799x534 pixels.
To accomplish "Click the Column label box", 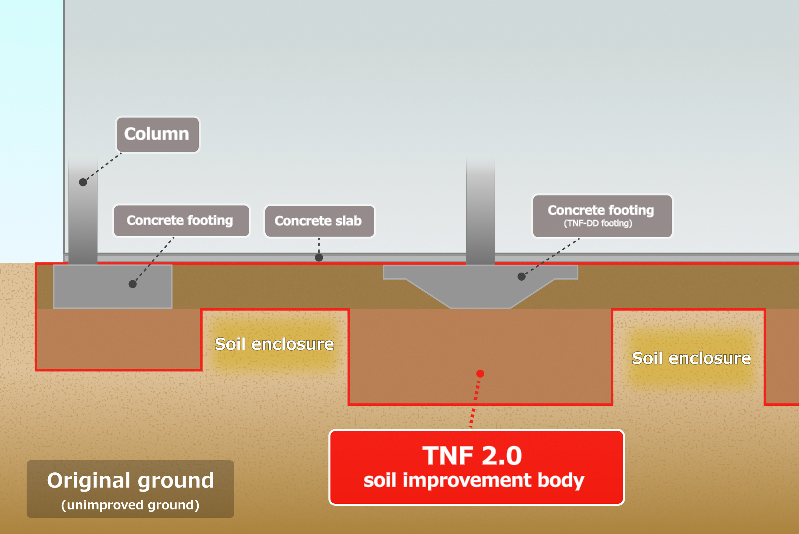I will [158, 134].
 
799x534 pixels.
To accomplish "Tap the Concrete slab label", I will [319, 221].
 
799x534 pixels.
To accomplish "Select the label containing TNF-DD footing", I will [602, 216].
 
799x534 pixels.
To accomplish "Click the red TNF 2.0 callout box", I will [476, 467].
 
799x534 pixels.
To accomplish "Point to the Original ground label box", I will [130, 489].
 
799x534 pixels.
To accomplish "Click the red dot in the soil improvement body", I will [480, 373].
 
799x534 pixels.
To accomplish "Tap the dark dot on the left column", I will [83, 182].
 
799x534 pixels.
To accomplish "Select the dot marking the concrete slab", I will [319, 257].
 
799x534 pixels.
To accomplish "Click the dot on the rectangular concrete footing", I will [133, 284].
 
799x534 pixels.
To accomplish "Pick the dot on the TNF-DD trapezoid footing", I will [521, 277].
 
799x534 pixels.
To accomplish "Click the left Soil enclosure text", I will [274, 344].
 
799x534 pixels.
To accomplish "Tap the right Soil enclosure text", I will [691, 358].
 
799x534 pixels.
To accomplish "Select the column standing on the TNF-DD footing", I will [480, 211].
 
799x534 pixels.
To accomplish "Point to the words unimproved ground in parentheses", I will [130, 505].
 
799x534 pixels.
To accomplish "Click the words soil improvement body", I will [474, 480].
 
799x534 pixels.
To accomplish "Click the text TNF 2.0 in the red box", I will [472, 456].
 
